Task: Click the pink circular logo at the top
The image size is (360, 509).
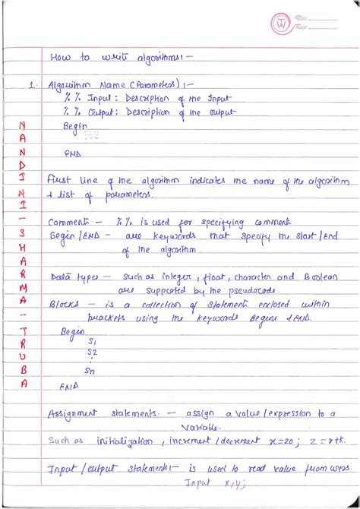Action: pyautogui.click(x=282, y=24)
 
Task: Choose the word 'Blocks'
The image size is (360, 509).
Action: pyautogui.click(x=64, y=304)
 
